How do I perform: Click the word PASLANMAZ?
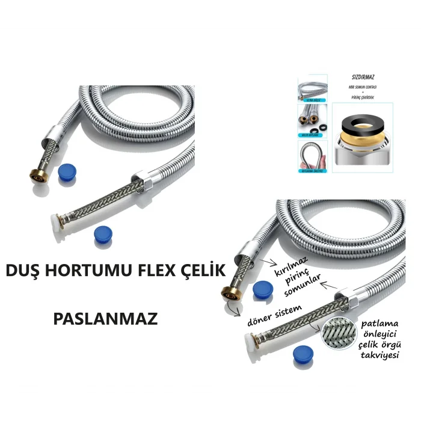pos(105,318)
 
